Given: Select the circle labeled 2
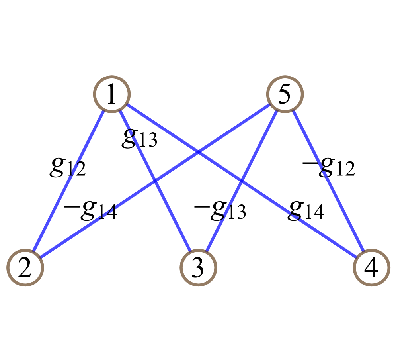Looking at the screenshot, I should coord(25,268).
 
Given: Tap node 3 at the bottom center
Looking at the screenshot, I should coord(198,268).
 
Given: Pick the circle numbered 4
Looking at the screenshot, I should coord(371,268).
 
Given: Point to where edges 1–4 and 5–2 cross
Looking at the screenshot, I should coord(198,152).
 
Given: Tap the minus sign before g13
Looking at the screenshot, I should coord(200,207).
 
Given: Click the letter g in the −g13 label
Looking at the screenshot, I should coord(217,210).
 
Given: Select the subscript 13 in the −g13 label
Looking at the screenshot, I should coord(235,213).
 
